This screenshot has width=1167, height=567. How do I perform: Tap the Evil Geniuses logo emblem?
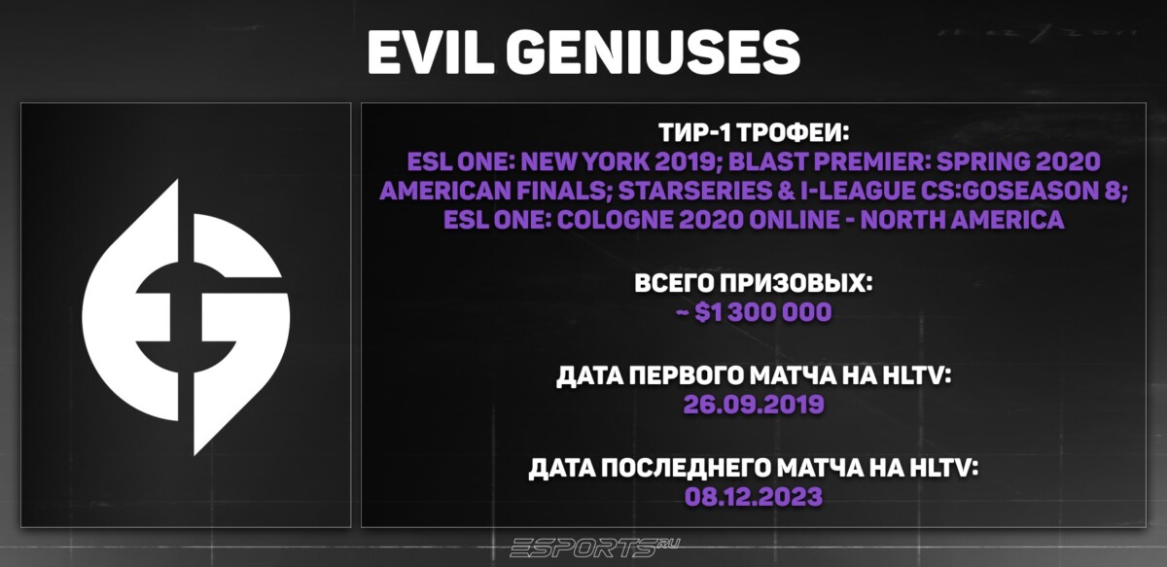click(x=185, y=317)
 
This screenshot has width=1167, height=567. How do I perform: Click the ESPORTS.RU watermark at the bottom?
click(x=583, y=547)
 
